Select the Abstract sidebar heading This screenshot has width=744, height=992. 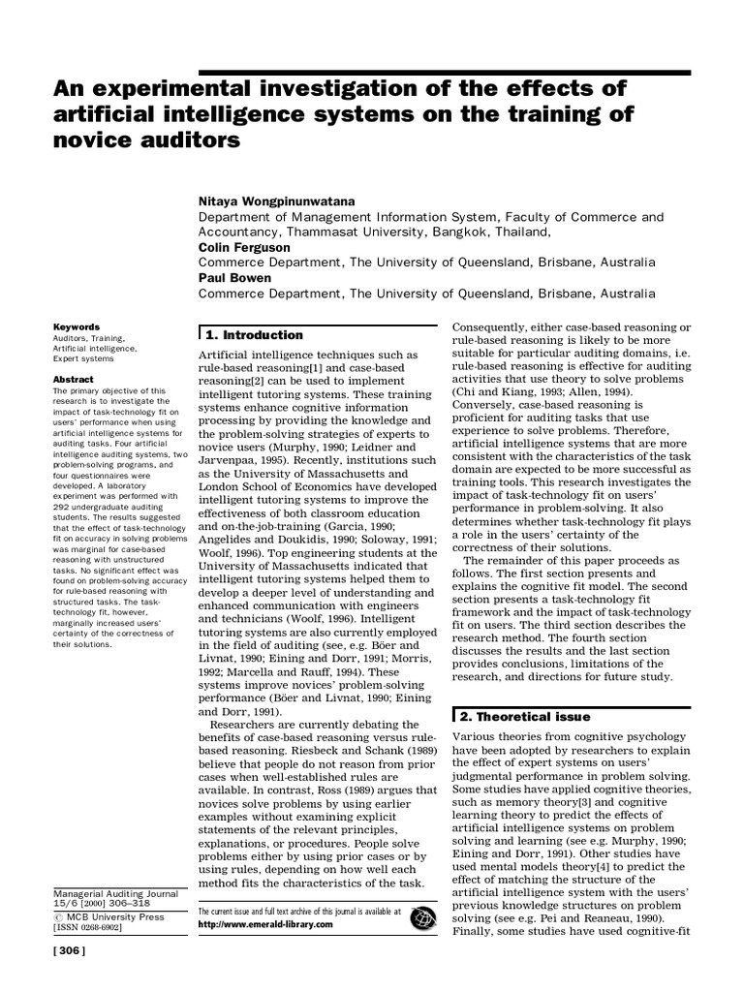[x=73, y=380]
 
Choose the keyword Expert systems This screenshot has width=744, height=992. [x=85, y=358]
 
